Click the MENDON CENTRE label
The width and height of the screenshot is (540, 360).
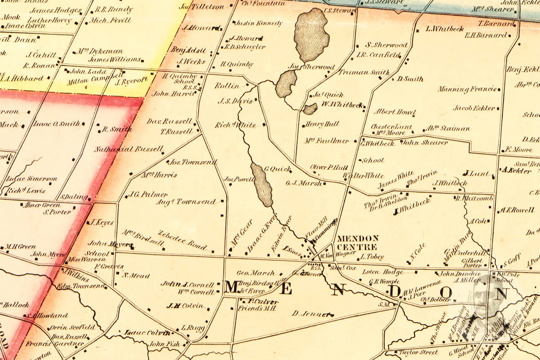click(x=357, y=242)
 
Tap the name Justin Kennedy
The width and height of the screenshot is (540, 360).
click(x=259, y=23)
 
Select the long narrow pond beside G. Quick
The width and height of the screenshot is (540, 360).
click(x=262, y=185)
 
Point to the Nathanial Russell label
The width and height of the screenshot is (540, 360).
click(x=129, y=149)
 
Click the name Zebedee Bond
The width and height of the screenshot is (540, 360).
click(x=182, y=240)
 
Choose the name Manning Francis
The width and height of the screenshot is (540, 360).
click(x=467, y=89)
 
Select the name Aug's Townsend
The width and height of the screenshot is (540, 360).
click(x=186, y=202)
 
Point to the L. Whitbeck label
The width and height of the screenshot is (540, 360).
click(x=444, y=29)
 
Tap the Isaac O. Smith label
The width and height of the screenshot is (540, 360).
click(x=56, y=124)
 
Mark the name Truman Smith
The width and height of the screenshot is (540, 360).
click(x=364, y=72)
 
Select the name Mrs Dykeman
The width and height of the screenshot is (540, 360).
click(x=99, y=52)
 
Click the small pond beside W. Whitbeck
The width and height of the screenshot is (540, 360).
click(x=310, y=109)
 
